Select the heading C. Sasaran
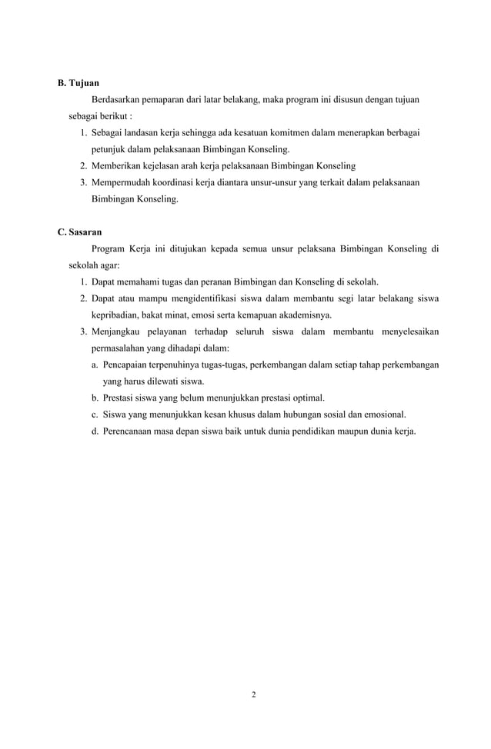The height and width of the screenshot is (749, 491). click(x=80, y=231)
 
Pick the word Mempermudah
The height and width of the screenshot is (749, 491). click(x=122, y=182)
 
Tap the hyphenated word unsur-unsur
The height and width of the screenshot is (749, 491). click(x=283, y=182)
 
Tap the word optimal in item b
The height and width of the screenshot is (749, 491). click(x=307, y=398)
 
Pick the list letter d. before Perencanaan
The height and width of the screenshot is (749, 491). click(x=95, y=431)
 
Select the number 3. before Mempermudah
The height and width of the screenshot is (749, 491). click(x=83, y=182)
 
